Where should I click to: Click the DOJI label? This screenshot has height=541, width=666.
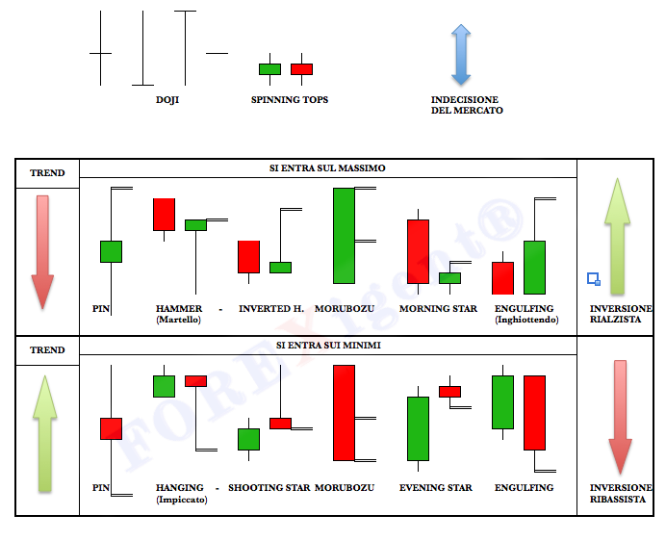167,100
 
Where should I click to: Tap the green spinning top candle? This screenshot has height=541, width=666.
269,69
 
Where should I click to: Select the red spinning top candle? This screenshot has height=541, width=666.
301,69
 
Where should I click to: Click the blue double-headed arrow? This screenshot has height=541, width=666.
461,55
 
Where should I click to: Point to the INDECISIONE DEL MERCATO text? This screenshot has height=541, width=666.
467,105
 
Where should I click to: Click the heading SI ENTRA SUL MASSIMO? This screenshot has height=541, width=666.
327,168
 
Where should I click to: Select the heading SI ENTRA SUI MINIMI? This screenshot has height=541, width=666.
328,345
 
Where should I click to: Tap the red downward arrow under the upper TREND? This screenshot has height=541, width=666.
42,252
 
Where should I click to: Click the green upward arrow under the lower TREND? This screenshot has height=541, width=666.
44,434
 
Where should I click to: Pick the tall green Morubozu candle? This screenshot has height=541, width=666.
344,236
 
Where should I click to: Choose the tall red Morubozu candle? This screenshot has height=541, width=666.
344,413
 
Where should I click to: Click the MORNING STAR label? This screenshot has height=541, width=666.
438,309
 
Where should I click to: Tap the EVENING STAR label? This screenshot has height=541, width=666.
436,487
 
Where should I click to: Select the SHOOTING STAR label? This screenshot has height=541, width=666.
269,487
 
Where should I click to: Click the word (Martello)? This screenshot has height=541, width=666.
178,320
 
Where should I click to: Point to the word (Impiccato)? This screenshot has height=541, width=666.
182,500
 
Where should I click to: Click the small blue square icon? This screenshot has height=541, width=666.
594,279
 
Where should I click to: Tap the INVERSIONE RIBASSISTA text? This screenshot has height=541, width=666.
621,494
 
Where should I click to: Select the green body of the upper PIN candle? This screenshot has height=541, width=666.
112,251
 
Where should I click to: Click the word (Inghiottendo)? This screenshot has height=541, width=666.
526,320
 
